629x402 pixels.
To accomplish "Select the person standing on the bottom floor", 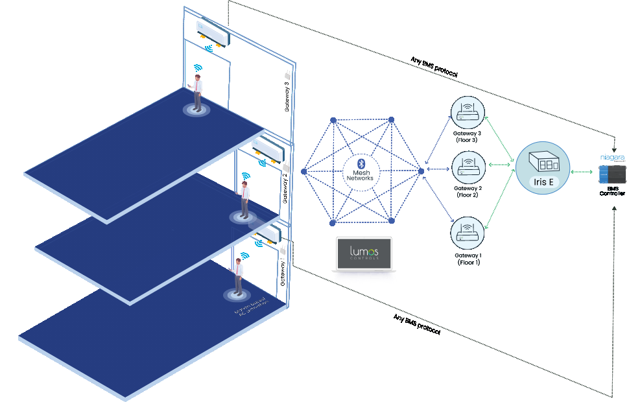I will (238, 276).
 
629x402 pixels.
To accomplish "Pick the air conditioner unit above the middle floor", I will (268, 147).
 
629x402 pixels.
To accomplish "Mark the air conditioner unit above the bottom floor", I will (269, 231).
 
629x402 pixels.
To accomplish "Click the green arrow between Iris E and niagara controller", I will (583, 172).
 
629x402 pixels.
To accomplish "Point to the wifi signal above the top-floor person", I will (197, 67).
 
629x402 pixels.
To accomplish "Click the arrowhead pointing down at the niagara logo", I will (613, 147).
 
